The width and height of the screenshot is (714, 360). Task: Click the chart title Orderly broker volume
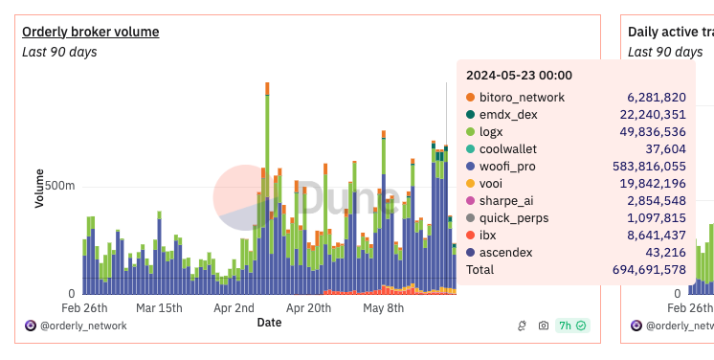pos(91,32)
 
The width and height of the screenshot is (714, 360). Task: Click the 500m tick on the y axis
pos(58,185)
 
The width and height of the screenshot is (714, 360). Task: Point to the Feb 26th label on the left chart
pos(84,308)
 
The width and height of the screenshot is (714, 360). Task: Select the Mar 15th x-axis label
pos(159,308)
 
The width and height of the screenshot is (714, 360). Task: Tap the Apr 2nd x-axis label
pos(234,308)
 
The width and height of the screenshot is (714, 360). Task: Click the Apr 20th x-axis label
pos(308,308)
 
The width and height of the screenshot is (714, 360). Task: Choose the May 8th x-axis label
pos(384,308)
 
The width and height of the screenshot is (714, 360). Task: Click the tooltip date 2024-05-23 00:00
pos(519,76)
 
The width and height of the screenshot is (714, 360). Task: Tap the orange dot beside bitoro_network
pos(470,98)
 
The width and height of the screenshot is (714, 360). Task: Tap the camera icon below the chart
pos(544,326)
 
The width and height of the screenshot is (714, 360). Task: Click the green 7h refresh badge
pos(573,326)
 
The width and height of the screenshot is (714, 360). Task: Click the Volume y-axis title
pos(39,189)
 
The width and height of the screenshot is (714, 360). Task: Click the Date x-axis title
pos(269,323)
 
